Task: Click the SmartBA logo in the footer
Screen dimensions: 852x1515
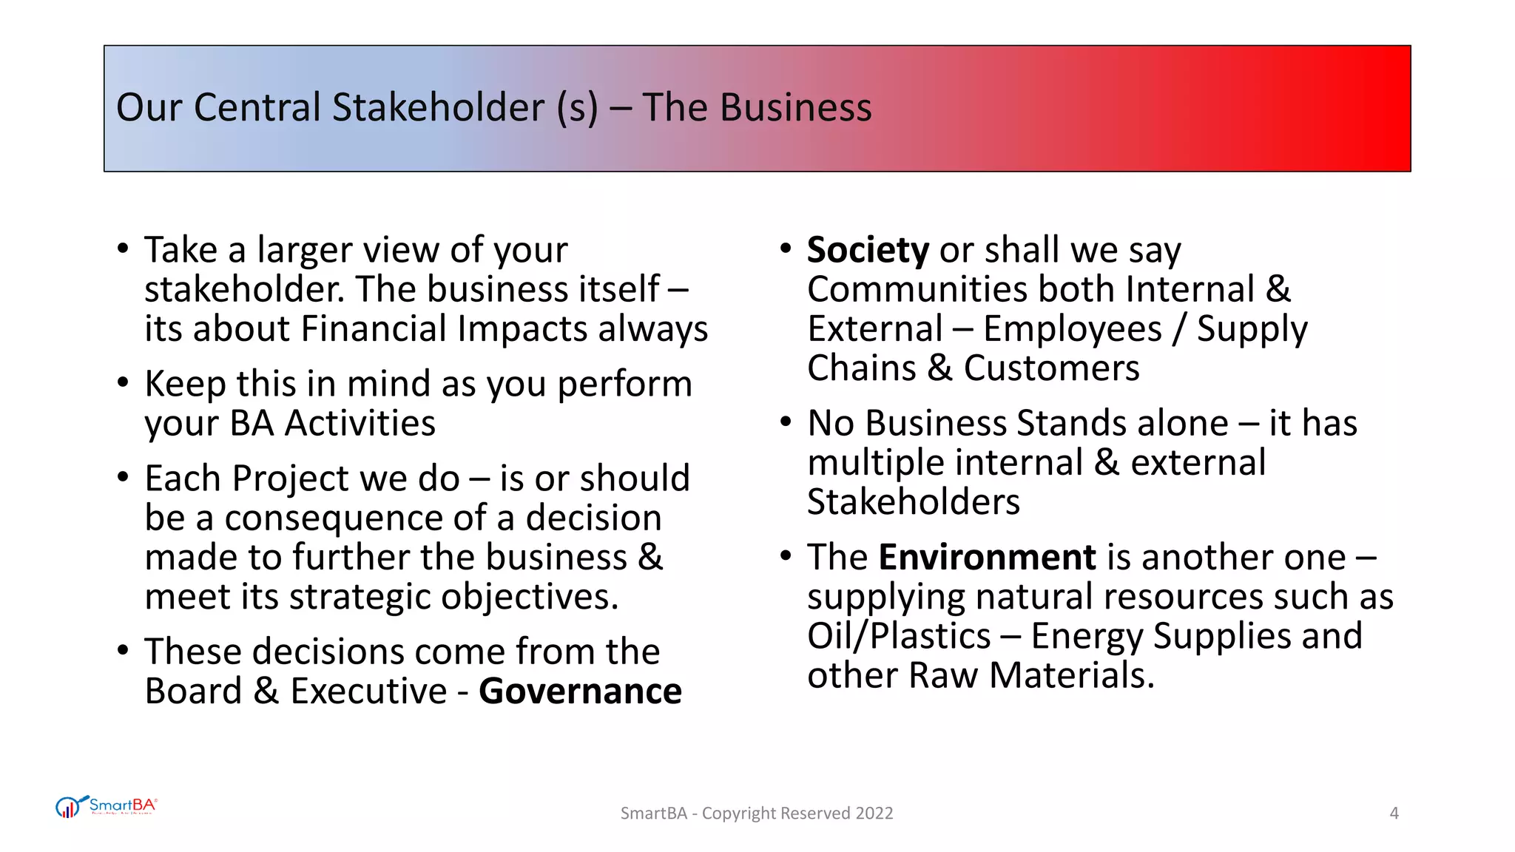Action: [x=107, y=806]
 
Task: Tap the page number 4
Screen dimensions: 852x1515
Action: [x=1394, y=814]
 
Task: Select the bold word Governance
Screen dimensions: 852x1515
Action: [x=580, y=692]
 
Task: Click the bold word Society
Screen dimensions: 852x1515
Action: [x=868, y=250]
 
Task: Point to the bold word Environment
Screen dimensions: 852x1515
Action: [x=987, y=557]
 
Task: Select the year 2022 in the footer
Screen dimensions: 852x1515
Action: [x=874, y=814]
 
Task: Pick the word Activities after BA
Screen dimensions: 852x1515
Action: [x=360, y=423]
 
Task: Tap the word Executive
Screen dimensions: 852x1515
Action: [x=368, y=692]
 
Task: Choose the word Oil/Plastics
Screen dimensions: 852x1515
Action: [x=899, y=636]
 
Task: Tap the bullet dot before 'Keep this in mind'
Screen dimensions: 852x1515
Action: [x=123, y=382]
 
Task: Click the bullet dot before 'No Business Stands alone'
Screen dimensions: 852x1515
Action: [x=786, y=422]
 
